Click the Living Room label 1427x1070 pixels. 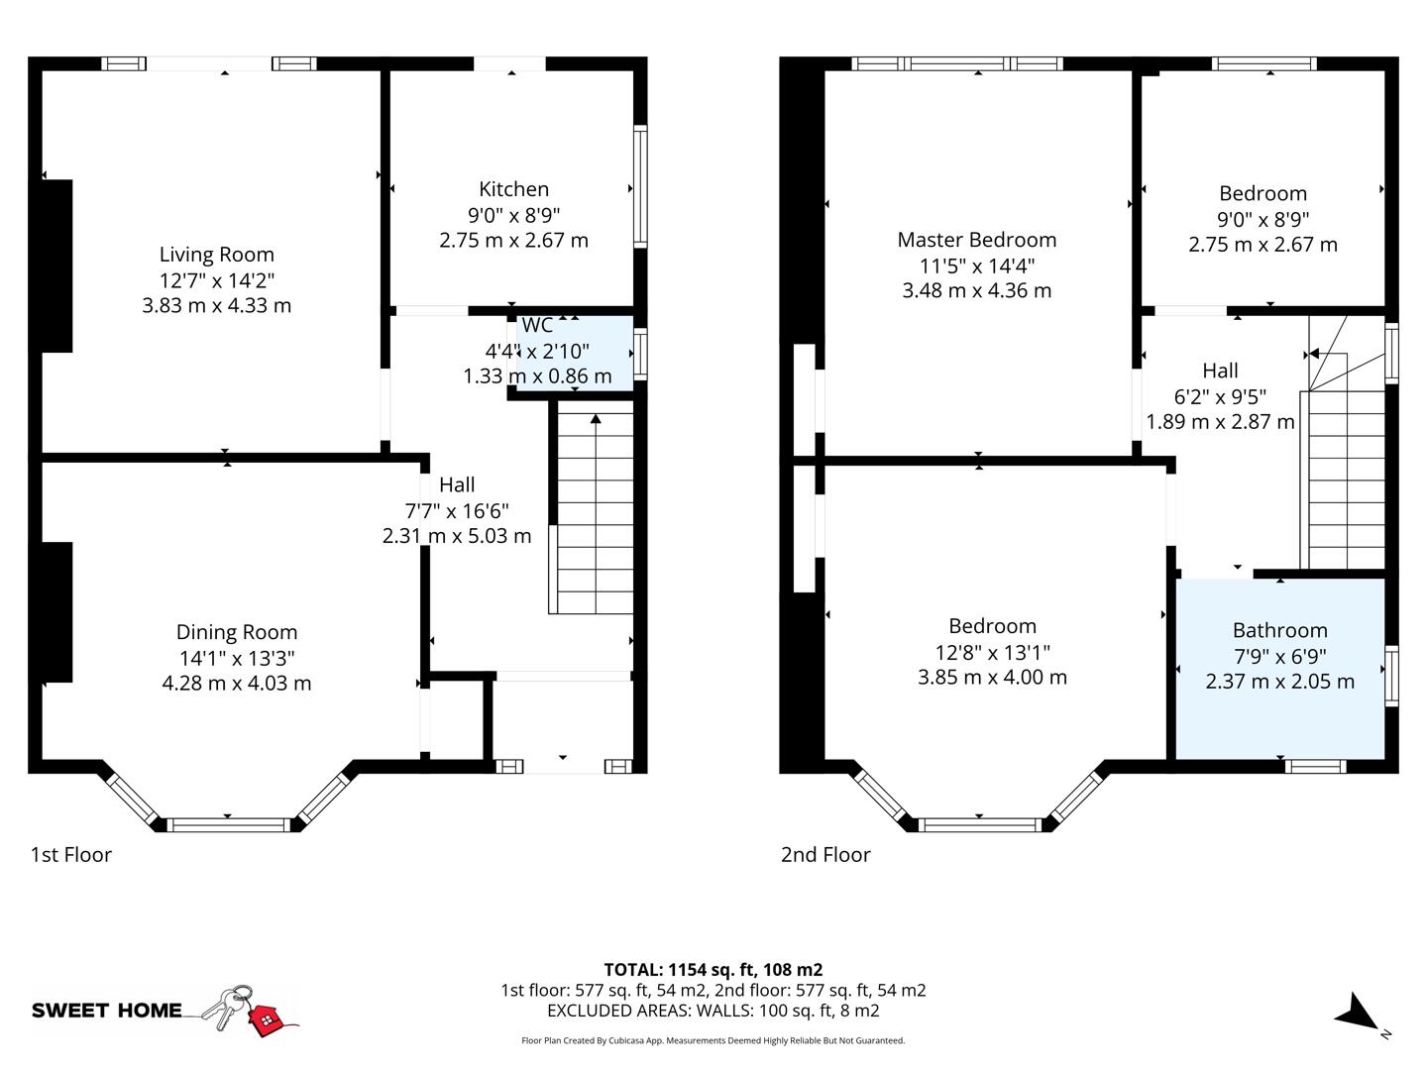tap(216, 255)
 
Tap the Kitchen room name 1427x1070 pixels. tap(513, 189)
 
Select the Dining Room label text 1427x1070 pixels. tap(236, 632)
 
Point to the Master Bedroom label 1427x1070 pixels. tap(976, 240)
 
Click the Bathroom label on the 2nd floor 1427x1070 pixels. tap(1279, 630)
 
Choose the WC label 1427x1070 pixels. tap(537, 325)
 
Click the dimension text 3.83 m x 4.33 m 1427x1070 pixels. tap(216, 305)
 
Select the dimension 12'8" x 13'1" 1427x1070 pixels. tap(992, 652)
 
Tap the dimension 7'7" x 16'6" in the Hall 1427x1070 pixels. tap(456, 510)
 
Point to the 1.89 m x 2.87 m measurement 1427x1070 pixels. tap(1220, 422)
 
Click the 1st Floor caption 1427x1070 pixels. tap(71, 854)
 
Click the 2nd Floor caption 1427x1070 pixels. tap(825, 854)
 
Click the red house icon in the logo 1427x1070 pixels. tap(265, 1018)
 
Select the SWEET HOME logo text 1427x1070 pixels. tap(107, 1011)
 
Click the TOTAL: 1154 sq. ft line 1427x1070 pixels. tap(713, 970)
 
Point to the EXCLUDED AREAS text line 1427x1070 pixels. tap(713, 1011)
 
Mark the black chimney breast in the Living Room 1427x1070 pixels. tap(56, 266)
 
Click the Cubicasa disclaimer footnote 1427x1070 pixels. tap(713, 1040)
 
